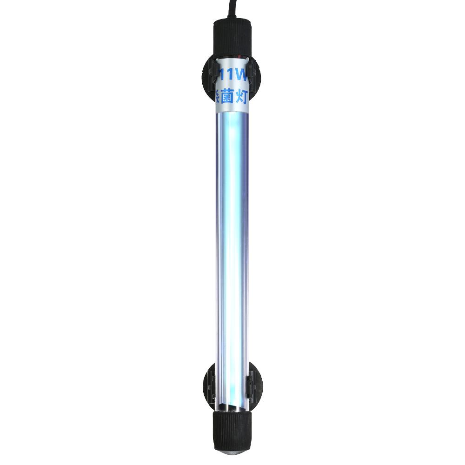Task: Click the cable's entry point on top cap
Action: pos(231,20)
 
